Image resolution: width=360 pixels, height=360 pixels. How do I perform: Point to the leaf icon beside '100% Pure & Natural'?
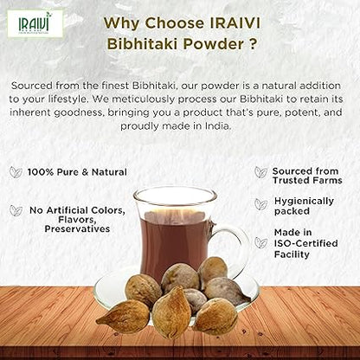click(16, 172)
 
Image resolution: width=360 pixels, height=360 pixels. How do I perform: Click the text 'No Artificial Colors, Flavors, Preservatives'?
click(76, 219)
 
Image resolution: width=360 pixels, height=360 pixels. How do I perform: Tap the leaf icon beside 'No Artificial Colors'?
click(16, 209)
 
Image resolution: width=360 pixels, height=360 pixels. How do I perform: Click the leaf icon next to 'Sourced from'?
click(260, 171)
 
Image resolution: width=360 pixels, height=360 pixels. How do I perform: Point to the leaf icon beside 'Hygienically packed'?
click(260, 203)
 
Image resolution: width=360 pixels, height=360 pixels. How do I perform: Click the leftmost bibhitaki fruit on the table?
click(122, 316)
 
